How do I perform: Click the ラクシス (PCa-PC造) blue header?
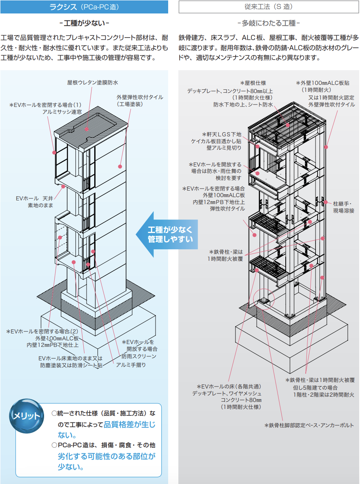pos(84,7)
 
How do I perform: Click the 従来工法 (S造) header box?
pos(268,7)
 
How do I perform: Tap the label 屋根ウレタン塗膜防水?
pos(93,83)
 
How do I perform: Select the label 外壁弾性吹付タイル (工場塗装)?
pos(140,101)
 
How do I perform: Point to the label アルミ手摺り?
pos(131,365)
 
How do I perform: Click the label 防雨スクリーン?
pos(139,357)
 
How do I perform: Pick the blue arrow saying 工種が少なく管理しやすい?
pos(167,234)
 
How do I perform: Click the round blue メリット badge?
pos(27,416)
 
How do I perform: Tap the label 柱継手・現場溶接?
pos(344,207)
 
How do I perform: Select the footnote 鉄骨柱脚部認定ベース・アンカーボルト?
pos(309,425)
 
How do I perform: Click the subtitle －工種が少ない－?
pos(84,23)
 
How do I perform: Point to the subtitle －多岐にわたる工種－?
pos(269,23)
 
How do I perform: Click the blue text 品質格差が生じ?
pos(129,425)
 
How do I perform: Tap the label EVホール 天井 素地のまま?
pos(35,202)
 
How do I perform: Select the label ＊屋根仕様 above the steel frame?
pos(253,83)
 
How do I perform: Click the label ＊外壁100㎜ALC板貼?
pos(322,83)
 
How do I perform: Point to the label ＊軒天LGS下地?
pos(222,135)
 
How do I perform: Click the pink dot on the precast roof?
pos(87,129)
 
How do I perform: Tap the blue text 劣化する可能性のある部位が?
pos(107,456)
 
